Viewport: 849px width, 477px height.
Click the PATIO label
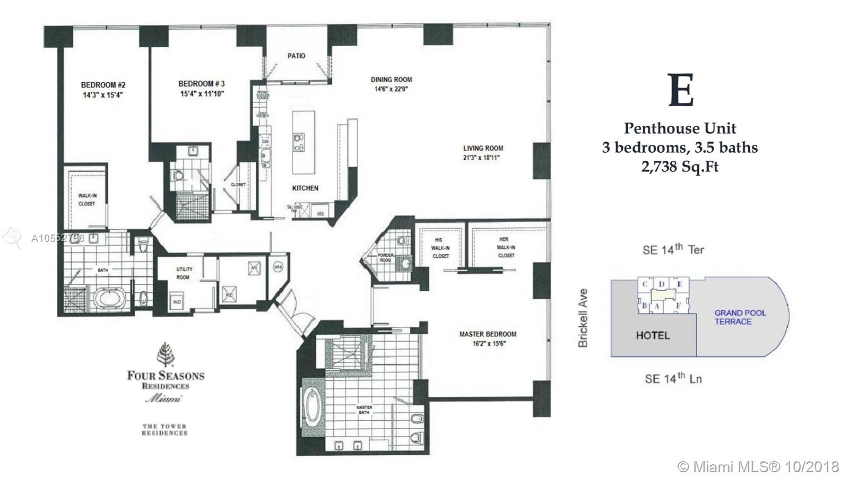coord(296,56)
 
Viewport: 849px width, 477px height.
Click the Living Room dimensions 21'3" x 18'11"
coord(483,158)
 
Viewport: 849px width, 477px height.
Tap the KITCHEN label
coord(305,188)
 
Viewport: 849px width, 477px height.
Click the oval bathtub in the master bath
coord(311,395)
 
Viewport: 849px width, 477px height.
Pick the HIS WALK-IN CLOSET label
coord(440,248)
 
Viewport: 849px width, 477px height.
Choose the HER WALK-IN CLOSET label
coord(506,247)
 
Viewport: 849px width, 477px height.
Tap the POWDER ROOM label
coord(385,257)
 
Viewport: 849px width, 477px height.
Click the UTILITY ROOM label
coord(184,273)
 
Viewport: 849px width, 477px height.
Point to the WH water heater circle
coord(278,268)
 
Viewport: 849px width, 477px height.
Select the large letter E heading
coord(681,91)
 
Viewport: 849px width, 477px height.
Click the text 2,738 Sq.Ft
coord(680,167)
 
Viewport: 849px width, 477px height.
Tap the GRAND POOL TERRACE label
coord(740,317)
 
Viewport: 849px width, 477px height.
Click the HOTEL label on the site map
coord(653,335)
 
